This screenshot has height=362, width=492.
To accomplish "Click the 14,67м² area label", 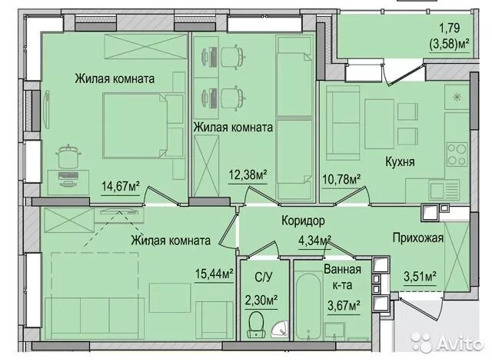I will pos(120,184).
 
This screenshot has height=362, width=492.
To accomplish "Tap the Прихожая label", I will pos(417,238).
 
